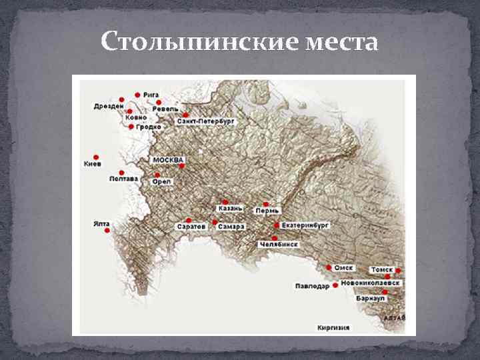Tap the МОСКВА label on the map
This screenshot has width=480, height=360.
[169, 160]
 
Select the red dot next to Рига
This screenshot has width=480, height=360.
[137, 95]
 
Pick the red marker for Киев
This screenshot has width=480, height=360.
[97, 151]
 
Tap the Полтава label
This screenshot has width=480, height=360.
[123, 179]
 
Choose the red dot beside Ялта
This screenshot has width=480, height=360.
[107, 230]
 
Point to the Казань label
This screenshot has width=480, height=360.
[231, 209]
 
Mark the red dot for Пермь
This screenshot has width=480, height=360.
[266, 204]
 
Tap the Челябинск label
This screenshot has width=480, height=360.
[279, 245]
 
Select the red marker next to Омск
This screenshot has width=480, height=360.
[329, 267]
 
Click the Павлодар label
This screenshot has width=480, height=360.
[312, 287]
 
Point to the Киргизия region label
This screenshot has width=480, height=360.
[333, 327]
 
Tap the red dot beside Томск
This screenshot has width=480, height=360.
[398, 271]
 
